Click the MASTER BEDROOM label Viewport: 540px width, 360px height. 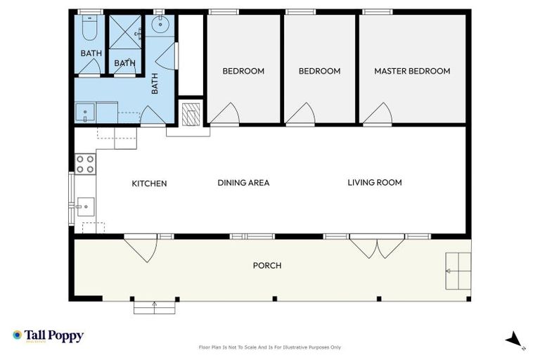pos(412,71)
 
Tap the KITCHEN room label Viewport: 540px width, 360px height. pos(150,184)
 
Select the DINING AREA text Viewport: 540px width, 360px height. pos(243,183)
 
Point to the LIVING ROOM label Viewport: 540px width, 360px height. pos(375,182)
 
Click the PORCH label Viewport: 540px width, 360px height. pos(267,265)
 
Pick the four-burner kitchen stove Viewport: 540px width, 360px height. pos(85,165)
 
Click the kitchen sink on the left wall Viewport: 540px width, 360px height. pos(84,206)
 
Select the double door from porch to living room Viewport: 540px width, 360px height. pos(378,246)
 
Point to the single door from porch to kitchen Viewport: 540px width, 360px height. pos(143,248)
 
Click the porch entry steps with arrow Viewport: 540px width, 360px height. pos(154,306)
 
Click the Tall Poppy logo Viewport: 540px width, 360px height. pos(48,336)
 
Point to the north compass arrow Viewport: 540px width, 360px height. pos(515,340)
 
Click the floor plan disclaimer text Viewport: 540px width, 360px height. pos(270,347)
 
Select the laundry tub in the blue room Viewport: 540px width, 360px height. pos(86,112)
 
